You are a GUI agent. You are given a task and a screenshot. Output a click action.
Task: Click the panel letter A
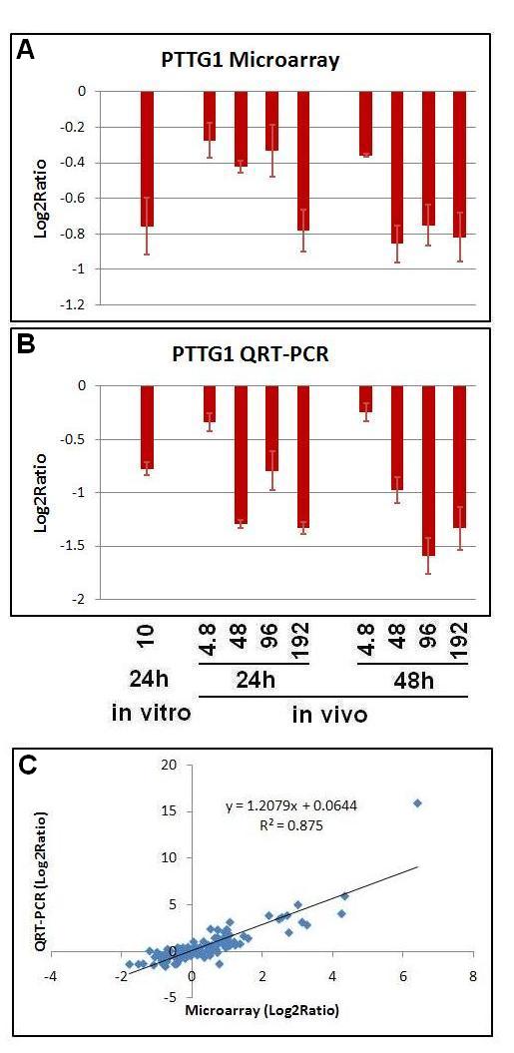pos(25,51)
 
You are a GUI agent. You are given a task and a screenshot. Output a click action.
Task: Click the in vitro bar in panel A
pos(147,159)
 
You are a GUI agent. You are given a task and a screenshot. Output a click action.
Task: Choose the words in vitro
pos(151,713)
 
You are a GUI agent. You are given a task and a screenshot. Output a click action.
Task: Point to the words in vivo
pos(330,715)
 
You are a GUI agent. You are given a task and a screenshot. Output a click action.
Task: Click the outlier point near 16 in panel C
pos(417,802)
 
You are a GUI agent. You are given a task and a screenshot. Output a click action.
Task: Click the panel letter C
pos(26,769)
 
